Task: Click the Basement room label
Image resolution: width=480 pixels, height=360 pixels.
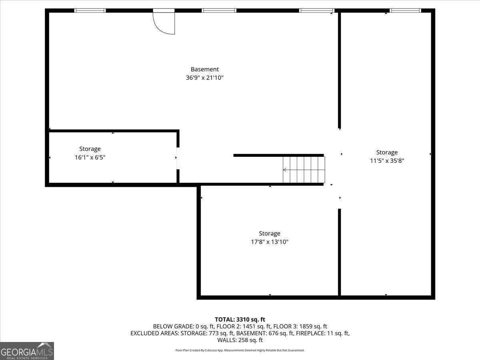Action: (x=204, y=69)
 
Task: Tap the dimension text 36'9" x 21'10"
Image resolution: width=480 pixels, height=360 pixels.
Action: (x=204, y=78)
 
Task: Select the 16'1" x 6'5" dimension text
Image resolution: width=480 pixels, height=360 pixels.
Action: (x=90, y=158)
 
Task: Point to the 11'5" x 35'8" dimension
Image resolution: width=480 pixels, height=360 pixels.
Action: (x=387, y=161)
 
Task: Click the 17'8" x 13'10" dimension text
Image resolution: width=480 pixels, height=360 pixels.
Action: (x=269, y=242)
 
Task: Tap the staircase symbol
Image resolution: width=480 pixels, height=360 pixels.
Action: (x=304, y=170)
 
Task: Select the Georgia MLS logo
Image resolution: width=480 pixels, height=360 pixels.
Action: (x=27, y=351)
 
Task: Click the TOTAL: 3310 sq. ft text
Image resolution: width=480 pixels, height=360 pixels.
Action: (x=240, y=319)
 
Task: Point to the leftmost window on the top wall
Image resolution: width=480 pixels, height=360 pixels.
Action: (x=90, y=10)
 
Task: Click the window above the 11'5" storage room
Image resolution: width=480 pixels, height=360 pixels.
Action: (x=406, y=10)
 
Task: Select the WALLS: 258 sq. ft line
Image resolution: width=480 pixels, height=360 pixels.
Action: (x=240, y=340)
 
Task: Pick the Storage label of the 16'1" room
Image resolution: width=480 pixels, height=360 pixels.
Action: (x=90, y=149)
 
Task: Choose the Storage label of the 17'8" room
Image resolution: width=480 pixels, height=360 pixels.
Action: (x=269, y=233)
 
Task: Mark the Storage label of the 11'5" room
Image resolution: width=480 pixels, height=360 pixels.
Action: (x=387, y=152)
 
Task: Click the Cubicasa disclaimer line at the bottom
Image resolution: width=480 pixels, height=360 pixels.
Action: (x=240, y=350)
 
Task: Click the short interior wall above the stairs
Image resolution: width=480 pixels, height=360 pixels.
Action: (x=278, y=155)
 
